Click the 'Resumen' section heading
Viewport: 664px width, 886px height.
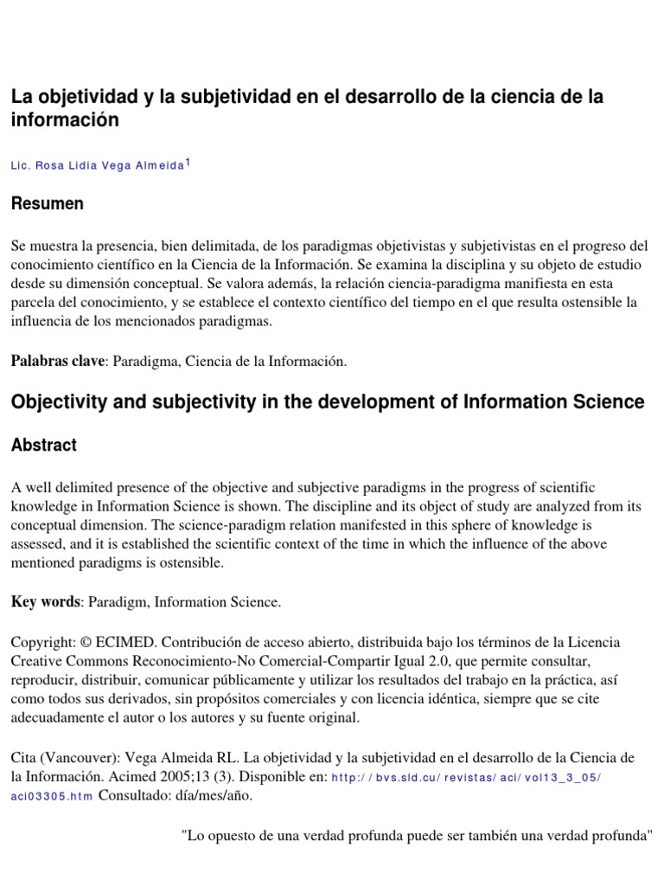point(47,204)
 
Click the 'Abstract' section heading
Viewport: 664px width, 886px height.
point(43,446)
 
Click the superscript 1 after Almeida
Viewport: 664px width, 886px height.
point(188,162)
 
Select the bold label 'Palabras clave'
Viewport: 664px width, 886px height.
point(56,362)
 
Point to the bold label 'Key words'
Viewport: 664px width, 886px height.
point(44,602)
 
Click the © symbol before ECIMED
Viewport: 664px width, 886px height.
point(85,644)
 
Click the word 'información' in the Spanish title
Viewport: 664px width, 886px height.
point(64,120)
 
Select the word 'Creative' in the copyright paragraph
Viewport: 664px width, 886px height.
point(40,663)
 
